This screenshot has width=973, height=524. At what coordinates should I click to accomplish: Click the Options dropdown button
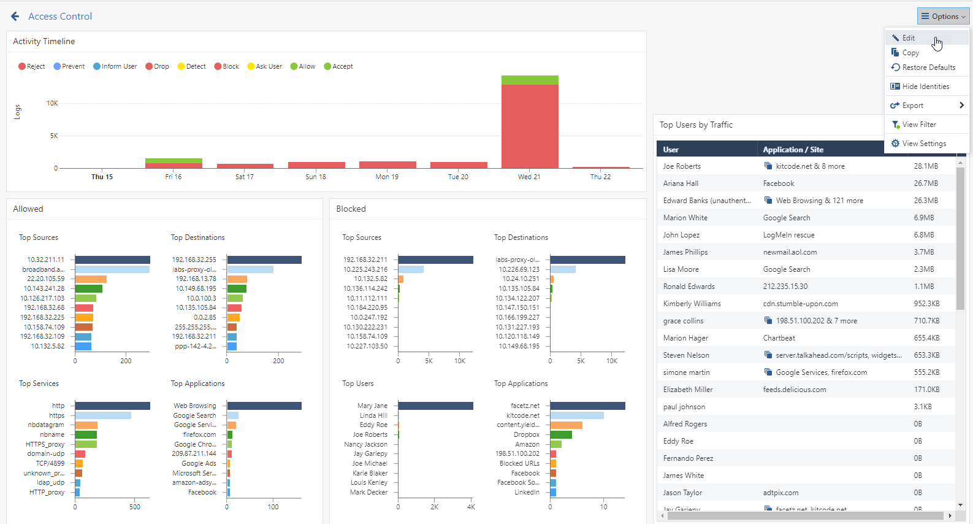click(942, 16)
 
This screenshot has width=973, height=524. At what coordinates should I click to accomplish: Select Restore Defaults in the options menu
click(928, 67)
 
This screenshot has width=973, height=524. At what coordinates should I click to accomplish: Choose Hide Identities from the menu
click(925, 87)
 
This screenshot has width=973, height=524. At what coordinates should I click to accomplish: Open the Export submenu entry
click(926, 106)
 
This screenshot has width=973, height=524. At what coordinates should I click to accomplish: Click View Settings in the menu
click(923, 144)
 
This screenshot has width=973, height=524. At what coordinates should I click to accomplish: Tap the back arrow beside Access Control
click(15, 17)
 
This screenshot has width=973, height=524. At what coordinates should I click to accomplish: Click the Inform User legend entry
click(115, 66)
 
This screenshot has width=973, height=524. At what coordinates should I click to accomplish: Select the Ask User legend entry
click(264, 66)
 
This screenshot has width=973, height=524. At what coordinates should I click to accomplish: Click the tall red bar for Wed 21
click(530, 126)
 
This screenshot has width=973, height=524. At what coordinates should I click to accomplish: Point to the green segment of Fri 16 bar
click(174, 161)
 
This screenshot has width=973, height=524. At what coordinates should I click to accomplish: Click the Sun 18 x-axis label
click(316, 177)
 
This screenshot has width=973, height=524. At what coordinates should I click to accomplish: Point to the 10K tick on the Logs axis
click(52, 103)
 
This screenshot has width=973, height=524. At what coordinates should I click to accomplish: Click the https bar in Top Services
click(104, 416)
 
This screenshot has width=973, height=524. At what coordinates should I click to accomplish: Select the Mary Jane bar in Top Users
click(436, 406)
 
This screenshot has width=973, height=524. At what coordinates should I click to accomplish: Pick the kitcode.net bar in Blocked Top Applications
click(578, 416)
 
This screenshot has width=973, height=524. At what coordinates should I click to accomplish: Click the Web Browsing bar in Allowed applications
click(264, 406)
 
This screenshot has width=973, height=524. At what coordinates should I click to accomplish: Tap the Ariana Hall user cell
click(681, 183)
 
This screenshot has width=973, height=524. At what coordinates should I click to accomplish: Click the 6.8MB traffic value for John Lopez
click(924, 235)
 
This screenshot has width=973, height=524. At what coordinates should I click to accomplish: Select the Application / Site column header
click(793, 150)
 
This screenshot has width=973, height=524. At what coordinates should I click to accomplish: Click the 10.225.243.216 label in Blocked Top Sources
click(365, 269)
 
